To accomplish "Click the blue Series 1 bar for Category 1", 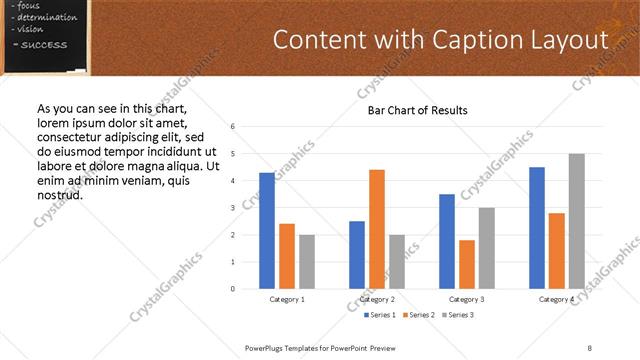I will [267, 231].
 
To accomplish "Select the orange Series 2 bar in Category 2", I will [377, 229].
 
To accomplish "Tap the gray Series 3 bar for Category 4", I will [576, 221].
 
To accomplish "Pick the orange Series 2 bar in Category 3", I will [467, 264].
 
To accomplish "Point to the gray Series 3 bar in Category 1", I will [306, 262].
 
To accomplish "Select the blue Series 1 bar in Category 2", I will [357, 255].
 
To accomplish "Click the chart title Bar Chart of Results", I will [411, 110].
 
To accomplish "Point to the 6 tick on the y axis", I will [232, 127].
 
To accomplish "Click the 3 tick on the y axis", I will [232, 208].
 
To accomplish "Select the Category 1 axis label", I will [287, 299].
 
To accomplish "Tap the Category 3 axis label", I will [467, 299].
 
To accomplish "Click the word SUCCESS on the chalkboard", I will [44, 45].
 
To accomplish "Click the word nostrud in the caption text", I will [59, 194].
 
